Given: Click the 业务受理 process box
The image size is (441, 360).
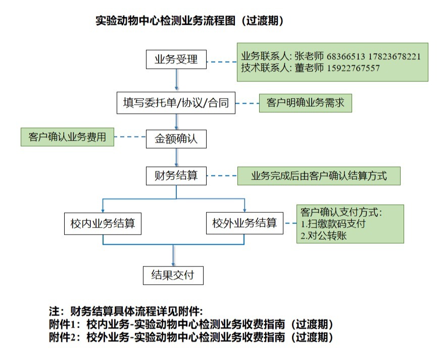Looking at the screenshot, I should coord(176,60).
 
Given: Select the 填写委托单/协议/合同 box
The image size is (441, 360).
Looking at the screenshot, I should coord(176,103).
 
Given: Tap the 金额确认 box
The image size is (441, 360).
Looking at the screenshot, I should coord(176,139).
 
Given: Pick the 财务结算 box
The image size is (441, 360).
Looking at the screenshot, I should coord(176,176).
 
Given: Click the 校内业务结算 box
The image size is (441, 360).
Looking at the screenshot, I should coord(103,223).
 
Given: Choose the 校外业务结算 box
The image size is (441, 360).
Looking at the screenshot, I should coord(244,223).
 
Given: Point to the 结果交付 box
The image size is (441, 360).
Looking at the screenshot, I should coord(173,276).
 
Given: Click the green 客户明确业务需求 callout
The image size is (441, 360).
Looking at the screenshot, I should coord(305,103).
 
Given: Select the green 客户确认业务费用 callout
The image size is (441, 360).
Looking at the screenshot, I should coord(67,137).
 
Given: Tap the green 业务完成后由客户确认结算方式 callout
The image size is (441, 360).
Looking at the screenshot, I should coord(319,176).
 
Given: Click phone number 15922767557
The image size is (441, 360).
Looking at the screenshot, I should coord(354,68).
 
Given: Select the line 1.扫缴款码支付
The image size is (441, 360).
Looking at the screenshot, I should coord(333,223).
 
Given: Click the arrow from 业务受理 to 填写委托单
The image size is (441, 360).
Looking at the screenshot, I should coord(176,80).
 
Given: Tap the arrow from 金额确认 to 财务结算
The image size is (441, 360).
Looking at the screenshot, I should coord(176,157).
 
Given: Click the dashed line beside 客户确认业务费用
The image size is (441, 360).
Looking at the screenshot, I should coord(130,137).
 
